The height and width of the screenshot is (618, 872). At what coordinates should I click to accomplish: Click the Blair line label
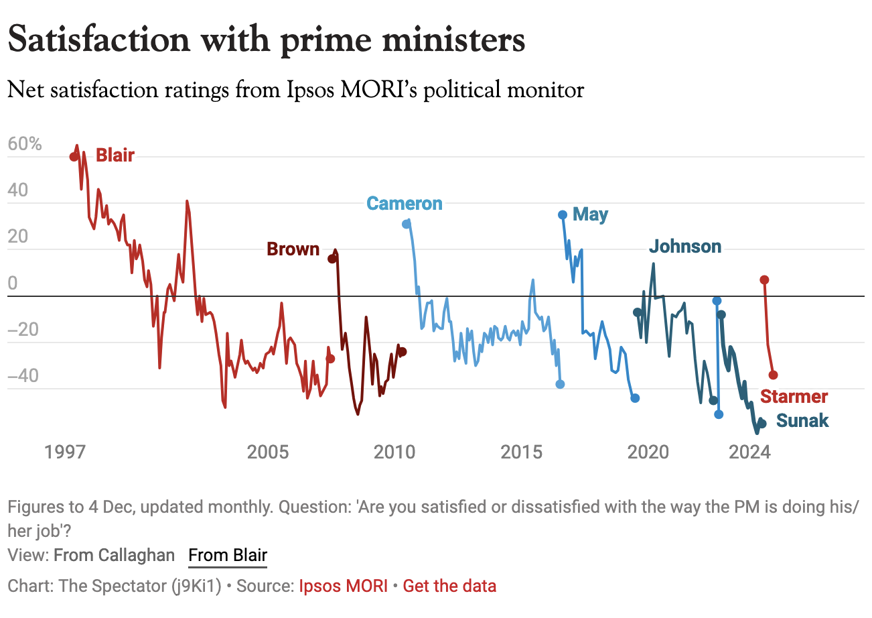[115, 156]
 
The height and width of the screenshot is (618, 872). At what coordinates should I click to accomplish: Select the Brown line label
[293, 249]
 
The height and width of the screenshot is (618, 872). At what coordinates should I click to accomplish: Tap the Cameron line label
[404, 204]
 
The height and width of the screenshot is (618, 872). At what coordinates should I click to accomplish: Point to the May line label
[591, 214]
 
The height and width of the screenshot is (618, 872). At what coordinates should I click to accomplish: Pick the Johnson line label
[685, 247]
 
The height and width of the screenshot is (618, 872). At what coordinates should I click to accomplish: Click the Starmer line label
[794, 397]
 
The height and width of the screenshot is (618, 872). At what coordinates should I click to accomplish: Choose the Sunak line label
[802, 421]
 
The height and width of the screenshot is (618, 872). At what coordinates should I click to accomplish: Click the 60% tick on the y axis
[25, 144]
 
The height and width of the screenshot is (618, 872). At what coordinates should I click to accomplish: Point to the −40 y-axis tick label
[23, 375]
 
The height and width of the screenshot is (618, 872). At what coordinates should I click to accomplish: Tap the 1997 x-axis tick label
[66, 452]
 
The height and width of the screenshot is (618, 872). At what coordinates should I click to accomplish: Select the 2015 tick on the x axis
[522, 452]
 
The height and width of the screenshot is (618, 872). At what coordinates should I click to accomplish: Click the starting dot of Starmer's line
[764, 280]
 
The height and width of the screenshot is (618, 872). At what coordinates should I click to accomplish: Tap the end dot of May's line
[635, 398]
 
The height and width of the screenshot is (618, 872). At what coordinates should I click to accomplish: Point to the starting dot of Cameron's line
[406, 224]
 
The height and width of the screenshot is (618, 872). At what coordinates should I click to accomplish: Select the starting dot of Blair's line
[74, 157]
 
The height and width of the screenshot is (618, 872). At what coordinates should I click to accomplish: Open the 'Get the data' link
[449, 586]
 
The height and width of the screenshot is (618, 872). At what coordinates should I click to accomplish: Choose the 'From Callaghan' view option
[114, 555]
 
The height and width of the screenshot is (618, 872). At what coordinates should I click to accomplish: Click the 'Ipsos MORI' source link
[343, 586]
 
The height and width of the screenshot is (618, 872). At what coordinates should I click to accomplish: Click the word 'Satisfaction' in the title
[99, 40]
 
